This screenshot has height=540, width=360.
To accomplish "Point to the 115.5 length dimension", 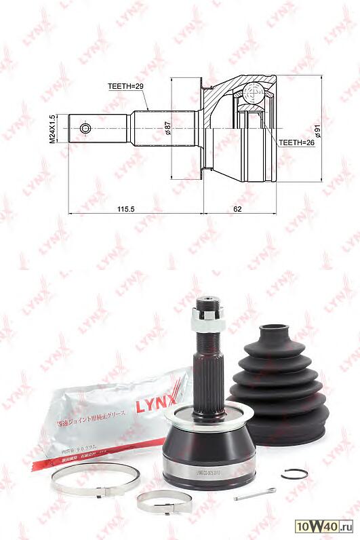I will (x=125, y=208).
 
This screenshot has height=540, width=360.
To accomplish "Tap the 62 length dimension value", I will (x=237, y=208).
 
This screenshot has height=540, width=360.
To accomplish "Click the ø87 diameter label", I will (x=167, y=128).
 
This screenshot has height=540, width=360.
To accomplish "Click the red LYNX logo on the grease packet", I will (x=159, y=406).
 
